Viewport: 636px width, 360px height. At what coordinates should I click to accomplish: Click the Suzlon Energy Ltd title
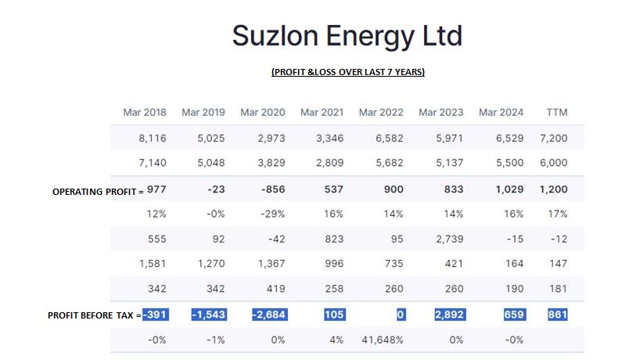click(x=347, y=34)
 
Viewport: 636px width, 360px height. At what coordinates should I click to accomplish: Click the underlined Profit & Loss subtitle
click(x=347, y=72)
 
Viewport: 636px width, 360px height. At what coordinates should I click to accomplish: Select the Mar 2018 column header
click(x=145, y=113)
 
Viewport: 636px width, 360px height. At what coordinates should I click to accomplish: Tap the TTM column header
click(x=556, y=113)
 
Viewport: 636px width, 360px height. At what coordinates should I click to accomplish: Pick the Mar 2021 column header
click(x=322, y=113)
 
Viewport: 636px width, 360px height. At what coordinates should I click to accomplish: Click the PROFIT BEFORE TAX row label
click(x=93, y=315)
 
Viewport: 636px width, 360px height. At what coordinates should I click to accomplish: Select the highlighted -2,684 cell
click(x=268, y=315)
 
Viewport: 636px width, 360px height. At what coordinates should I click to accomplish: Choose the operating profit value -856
click(x=272, y=189)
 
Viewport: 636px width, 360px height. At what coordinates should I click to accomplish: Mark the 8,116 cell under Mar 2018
click(x=153, y=139)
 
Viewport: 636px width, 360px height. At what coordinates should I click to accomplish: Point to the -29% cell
click(x=272, y=214)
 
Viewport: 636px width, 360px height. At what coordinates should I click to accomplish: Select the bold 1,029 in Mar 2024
click(x=508, y=189)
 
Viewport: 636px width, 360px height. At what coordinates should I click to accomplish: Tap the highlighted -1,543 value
click(x=208, y=315)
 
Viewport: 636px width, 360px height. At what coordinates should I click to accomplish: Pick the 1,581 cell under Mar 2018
click(x=153, y=264)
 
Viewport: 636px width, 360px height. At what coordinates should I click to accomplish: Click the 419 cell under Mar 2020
click(x=275, y=289)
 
